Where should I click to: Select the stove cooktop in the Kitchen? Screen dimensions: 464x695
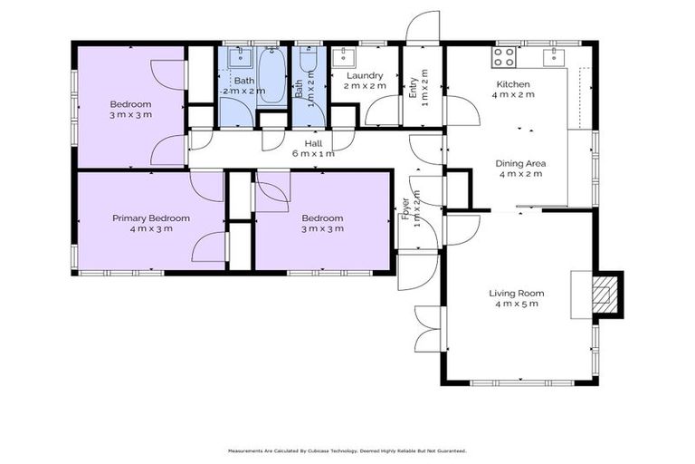point(504,58)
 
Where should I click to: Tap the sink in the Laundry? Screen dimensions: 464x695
point(344,57)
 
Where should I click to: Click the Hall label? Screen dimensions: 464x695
point(313,142)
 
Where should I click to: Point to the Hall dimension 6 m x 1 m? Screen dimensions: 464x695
point(313,154)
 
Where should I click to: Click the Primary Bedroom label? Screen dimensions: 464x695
point(150,217)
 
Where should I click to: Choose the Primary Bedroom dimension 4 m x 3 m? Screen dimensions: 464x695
point(150,228)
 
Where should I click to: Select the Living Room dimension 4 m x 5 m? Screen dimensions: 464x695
point(516,304)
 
